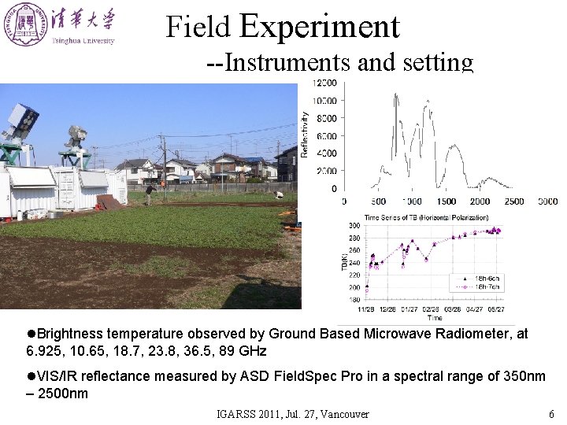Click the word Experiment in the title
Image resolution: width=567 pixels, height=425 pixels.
(319, 26)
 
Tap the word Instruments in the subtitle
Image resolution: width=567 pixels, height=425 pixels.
(288, 62)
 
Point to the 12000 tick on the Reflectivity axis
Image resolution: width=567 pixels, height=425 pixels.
(325, 83)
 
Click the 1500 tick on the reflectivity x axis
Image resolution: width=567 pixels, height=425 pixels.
(446, 201)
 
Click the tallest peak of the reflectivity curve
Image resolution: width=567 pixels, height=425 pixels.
(396, 94)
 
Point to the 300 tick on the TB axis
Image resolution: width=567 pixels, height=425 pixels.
(354, 226)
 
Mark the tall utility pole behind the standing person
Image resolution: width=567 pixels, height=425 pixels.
(164, 165)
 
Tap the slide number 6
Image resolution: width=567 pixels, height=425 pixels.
(550, 414)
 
